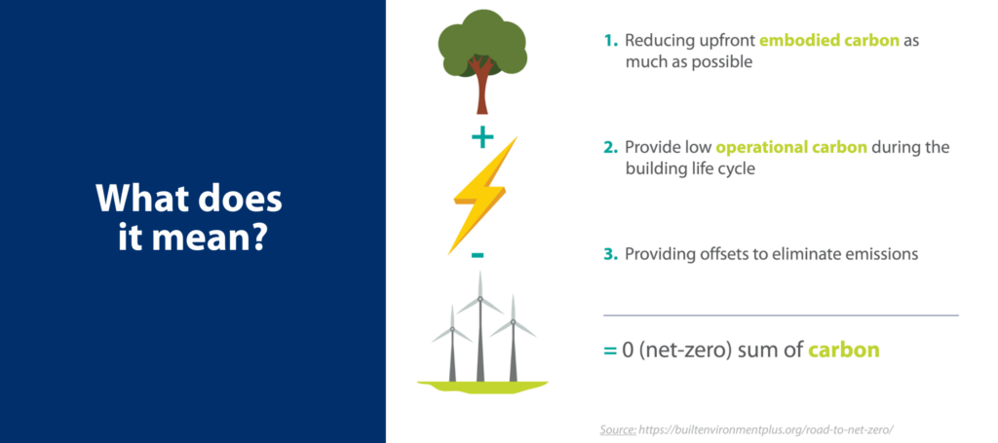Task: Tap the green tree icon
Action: tap(482, 60)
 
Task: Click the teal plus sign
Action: tap(482, 138)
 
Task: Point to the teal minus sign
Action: tap(478, 256)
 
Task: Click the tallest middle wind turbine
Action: tap(480, 327)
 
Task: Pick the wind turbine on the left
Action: tap(452, 344)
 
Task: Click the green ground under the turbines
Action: tap(482, 387)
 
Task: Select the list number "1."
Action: tap(611, 41)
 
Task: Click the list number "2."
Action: tap(611, 147)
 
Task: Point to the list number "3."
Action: tap(611, 254)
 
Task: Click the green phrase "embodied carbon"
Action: tap(828, 41)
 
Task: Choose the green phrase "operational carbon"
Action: tap(791, 147)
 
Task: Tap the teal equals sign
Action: tap(610, 351)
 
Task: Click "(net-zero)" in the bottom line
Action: tap(684, 351)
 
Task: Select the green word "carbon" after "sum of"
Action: tap(843, 351)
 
